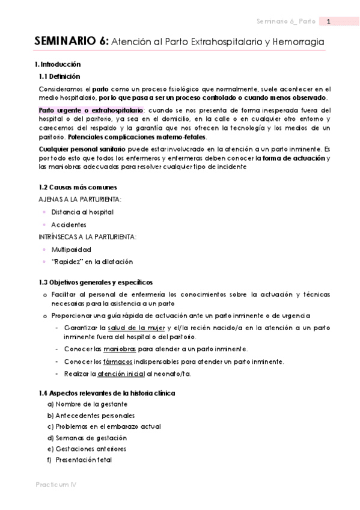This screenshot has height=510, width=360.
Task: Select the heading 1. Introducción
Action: tap(58, 64)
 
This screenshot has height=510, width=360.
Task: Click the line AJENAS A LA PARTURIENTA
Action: tap(79, 199)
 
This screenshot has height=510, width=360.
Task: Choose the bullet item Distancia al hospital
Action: tap(82, 212)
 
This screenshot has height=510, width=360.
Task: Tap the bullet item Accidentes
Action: tap(69, 224)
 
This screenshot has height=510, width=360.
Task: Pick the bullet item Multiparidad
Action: tap(71, 249)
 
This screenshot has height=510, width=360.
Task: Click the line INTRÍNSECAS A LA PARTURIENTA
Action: tap(87, 236)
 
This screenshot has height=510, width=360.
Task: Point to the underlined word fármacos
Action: tap(118, 361)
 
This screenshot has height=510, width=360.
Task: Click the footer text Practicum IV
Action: tap(55, 484)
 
